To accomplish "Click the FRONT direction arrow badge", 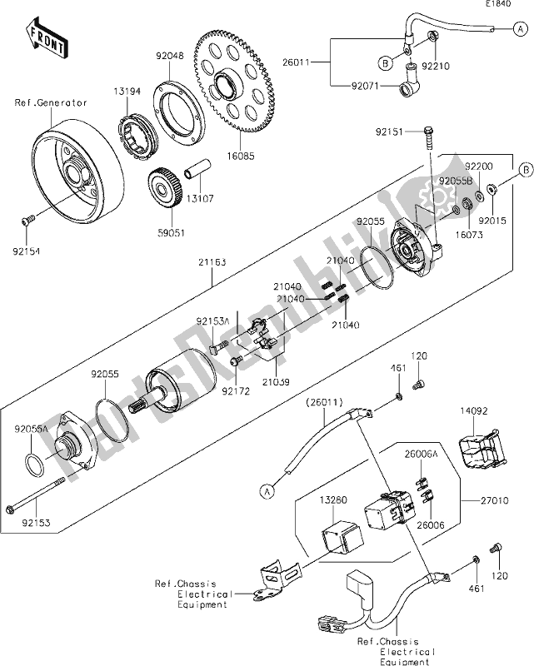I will tap(48, 41).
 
